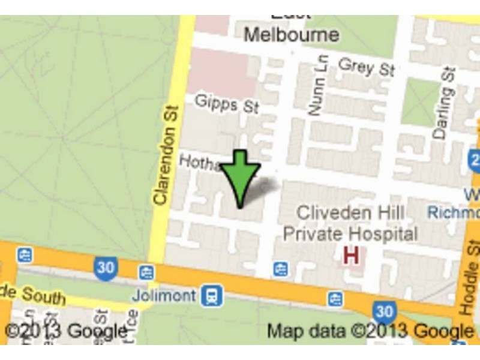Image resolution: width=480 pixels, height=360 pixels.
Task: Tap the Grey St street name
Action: pos(366,66)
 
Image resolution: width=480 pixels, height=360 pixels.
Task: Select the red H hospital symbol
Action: pos(351,256)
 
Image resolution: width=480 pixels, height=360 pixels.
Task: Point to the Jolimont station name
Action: pos(164,295)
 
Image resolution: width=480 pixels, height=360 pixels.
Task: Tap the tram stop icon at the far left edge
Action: pos(25,255)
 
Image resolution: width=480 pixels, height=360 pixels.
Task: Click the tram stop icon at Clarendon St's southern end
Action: pos(146,273)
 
